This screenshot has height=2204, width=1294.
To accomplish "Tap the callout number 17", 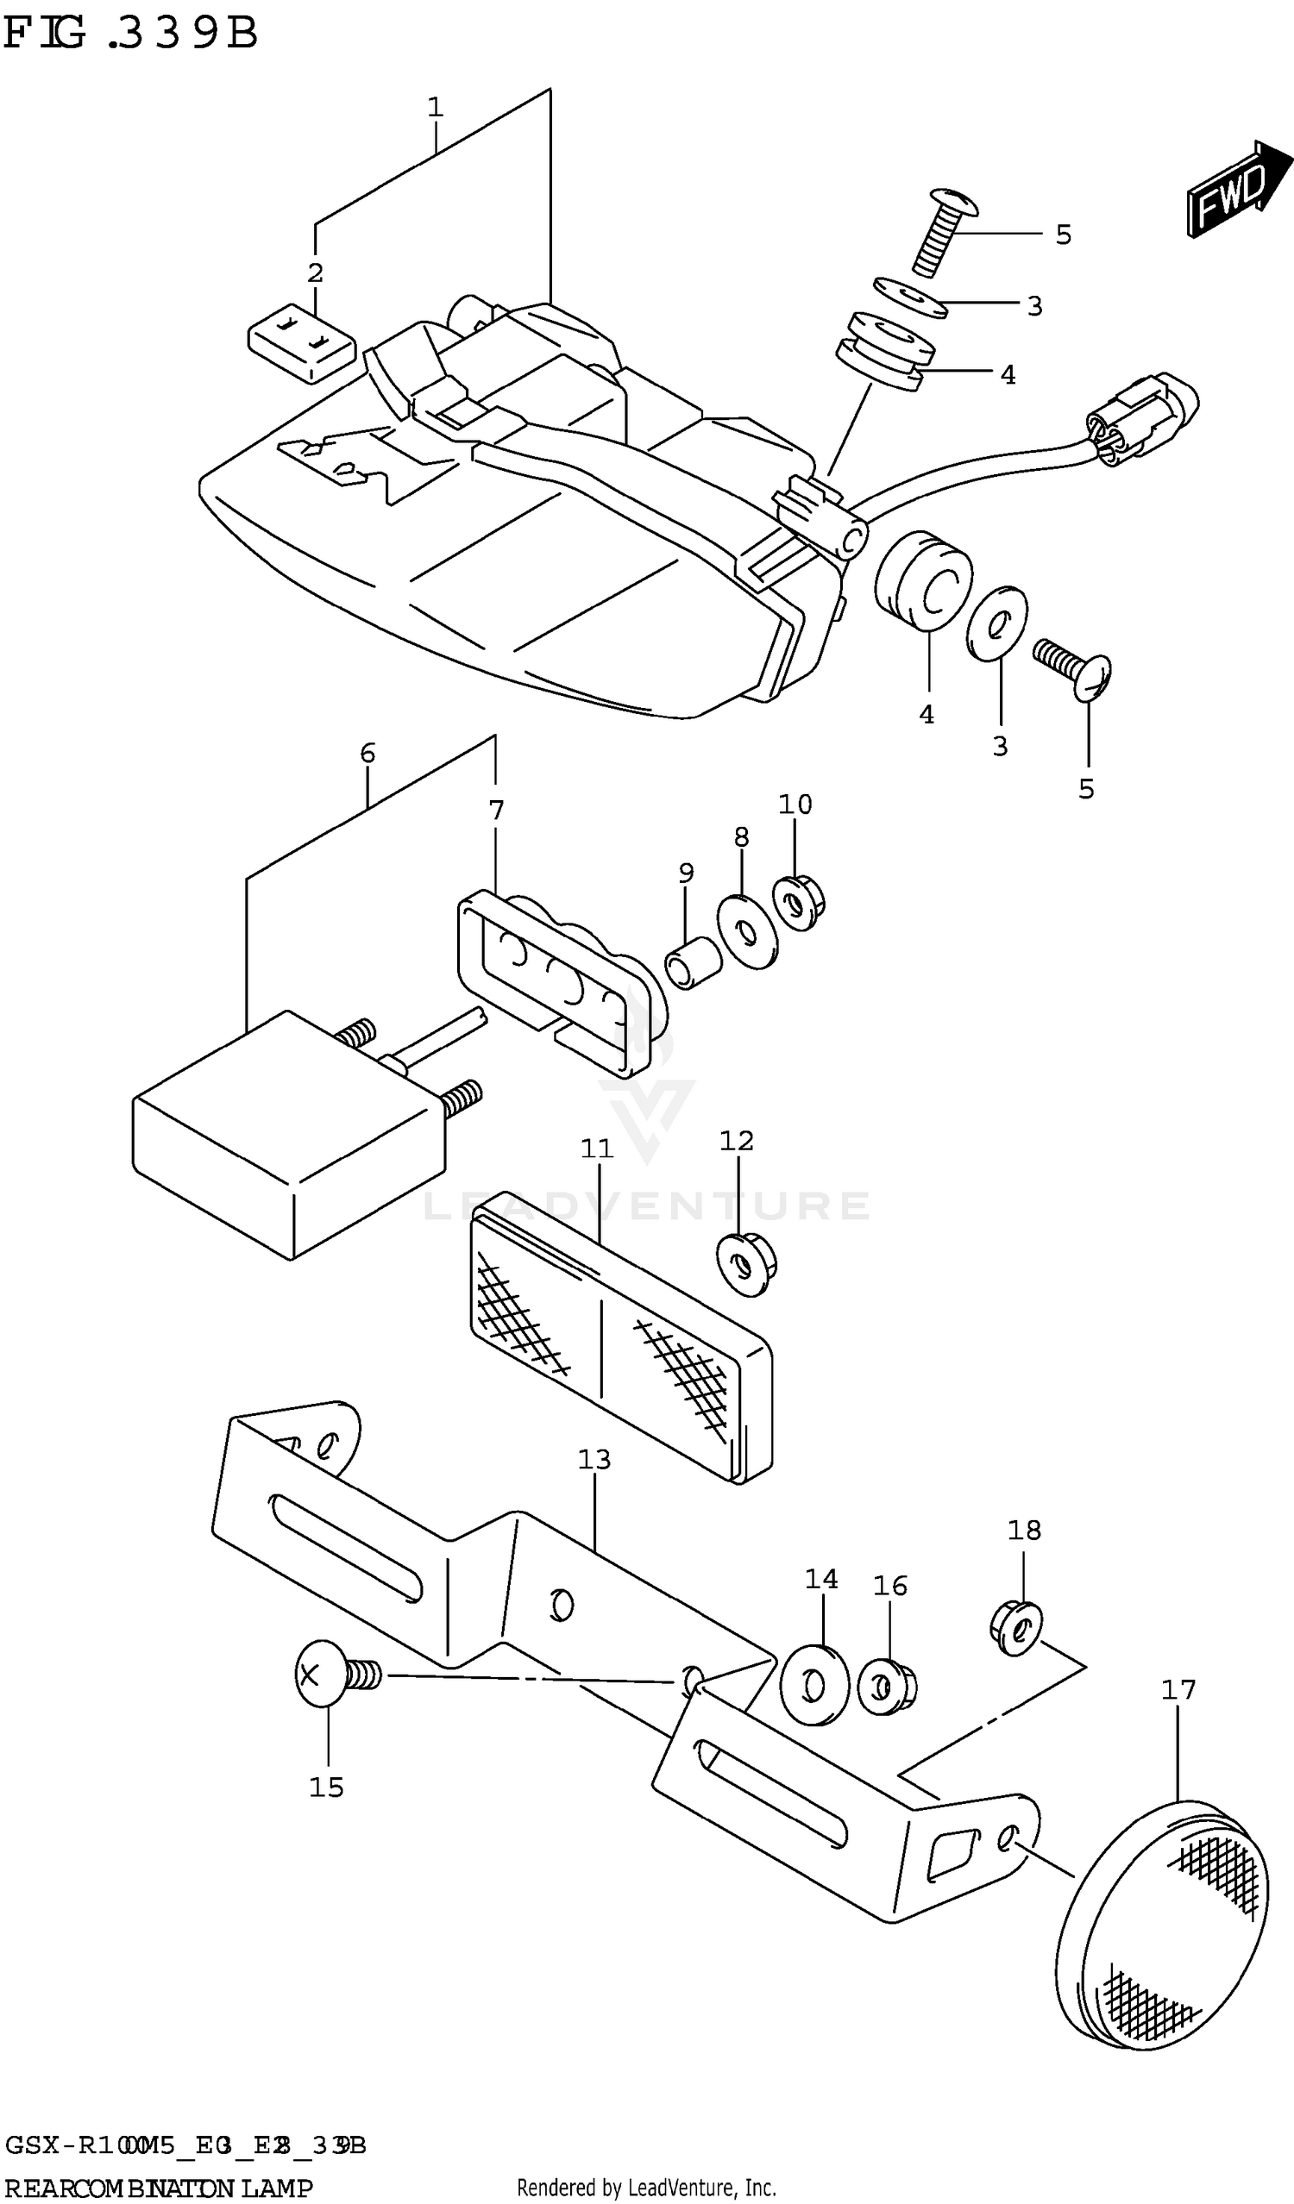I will [1178, 1690].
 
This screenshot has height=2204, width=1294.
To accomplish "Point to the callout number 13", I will [594, 1459].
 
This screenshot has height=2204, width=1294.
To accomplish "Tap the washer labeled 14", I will [813, 1685].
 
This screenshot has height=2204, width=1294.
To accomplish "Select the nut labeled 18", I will [1015, 1629].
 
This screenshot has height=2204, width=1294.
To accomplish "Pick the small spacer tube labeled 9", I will [693, 962].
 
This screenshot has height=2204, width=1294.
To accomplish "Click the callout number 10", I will [795, 804].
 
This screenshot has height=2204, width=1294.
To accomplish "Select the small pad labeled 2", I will [301, 343].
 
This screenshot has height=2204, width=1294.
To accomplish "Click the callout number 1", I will [436, 108].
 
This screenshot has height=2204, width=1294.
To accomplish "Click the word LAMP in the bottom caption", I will [276, 2189].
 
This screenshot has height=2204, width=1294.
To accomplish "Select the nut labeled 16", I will [885, 1687].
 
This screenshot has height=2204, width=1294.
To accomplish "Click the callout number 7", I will [496, 810].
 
